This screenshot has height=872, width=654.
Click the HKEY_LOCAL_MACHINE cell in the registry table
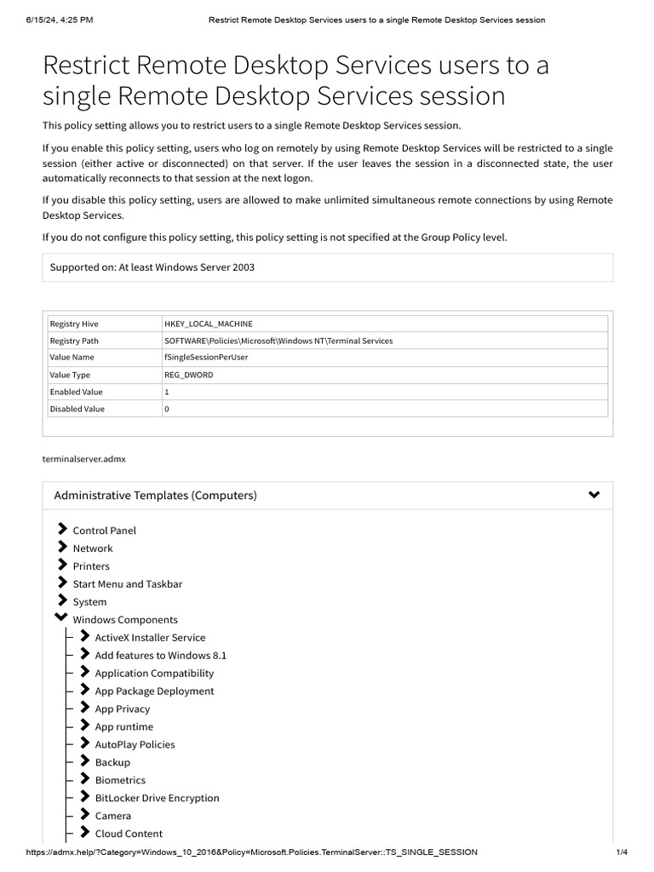coord(208,324)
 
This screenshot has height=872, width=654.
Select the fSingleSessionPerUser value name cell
coord(206,358)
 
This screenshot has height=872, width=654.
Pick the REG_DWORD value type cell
coord(188,375)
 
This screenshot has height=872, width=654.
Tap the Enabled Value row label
coord(76,392)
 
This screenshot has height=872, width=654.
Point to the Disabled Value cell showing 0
coord(167,409)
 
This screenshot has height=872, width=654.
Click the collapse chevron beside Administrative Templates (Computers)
coord(594,495)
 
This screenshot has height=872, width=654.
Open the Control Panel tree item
coord(104,531)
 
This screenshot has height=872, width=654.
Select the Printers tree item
coord(91,566)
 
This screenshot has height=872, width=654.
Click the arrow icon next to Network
coord(62,548)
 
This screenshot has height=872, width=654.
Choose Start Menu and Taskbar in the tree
coord(127,584)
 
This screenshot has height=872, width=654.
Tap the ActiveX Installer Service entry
coord(150,638)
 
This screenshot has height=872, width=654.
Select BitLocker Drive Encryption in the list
coord(157,798)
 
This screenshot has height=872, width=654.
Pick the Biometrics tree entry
coord(120,780)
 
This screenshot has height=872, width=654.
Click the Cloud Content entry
coord(129,834)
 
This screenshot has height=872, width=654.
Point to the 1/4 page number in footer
coord(621,852)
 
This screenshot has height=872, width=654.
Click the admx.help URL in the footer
coord(252,852)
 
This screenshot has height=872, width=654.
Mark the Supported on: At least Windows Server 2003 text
coord(152,267)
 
